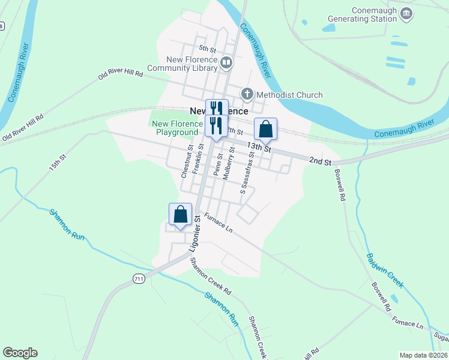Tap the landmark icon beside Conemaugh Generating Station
(406, 13)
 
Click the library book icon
(226, 62)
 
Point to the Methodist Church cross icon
(247, 94)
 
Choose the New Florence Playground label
(177, 128)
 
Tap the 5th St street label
(207, 49)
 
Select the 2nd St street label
(320, 161)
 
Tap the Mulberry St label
(229, 163)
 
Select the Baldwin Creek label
(385, 268)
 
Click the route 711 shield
(139, 278)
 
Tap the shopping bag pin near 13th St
(265, 129)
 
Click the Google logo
(20, 353)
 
